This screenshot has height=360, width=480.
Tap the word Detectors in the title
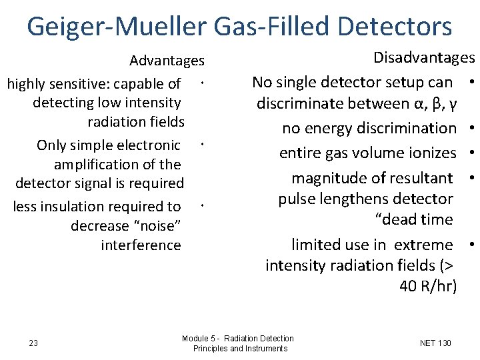[x=395, y=27]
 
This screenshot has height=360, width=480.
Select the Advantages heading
[x=167, y=61]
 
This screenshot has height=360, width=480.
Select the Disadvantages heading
[x=423, y=58]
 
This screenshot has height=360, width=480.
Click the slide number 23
[x=33, y=343]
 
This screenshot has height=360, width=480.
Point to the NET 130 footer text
[x=435, y=343]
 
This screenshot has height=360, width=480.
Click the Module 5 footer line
[x=237, y=339]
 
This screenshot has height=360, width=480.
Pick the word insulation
[x=70, y=207]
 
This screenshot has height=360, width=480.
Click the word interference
[x=141, y=245]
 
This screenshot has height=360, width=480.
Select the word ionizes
[x=431, y=153]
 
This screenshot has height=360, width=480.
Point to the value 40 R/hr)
[x=428, y=286]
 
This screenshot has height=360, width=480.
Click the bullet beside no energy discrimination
[x=471, y=127]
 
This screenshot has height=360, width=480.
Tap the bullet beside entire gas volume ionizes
[x=471, y=153]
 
